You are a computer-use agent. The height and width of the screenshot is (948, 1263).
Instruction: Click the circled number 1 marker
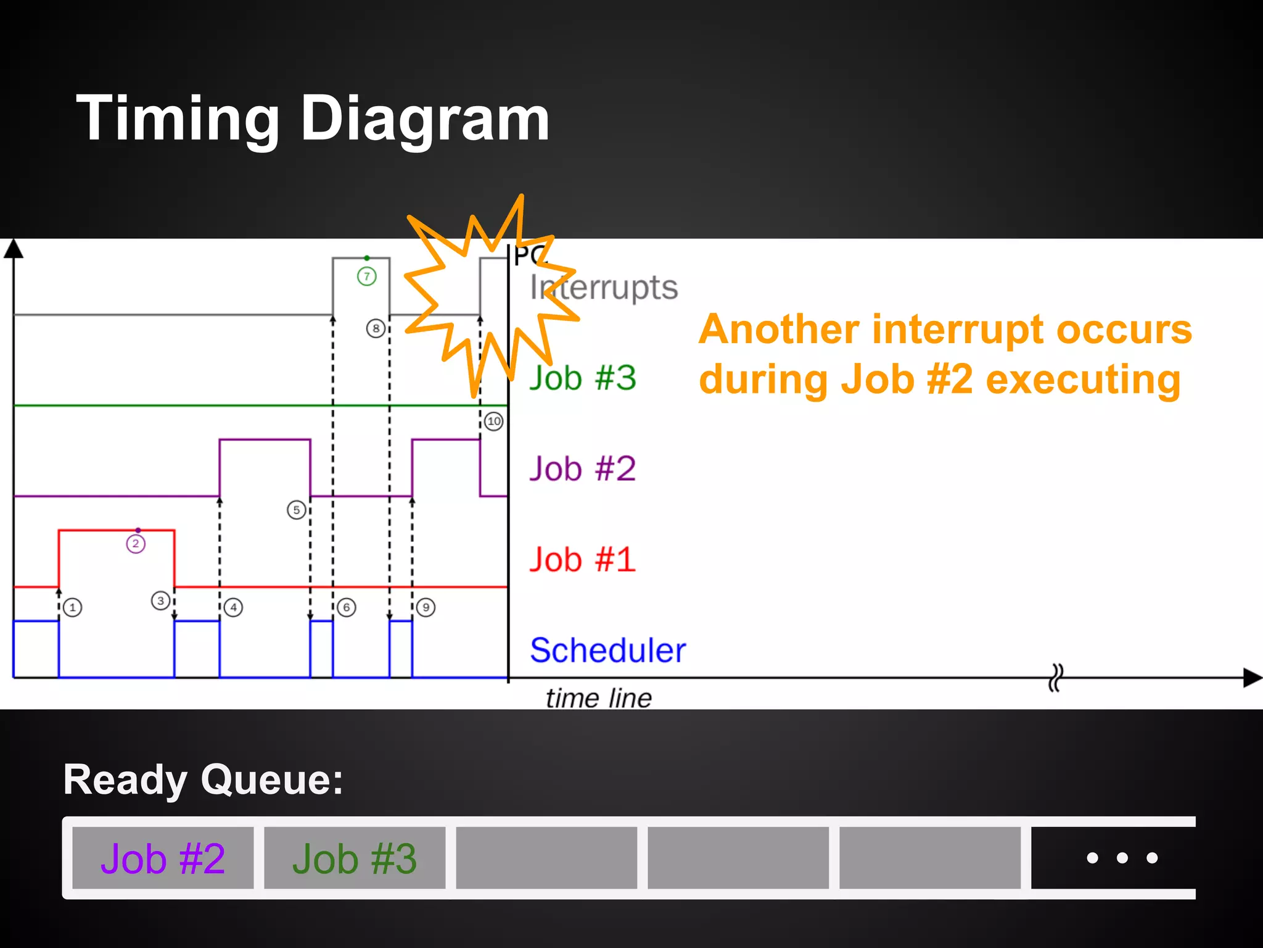[73, 607]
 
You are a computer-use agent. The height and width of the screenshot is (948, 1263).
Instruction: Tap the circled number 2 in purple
[136, 544]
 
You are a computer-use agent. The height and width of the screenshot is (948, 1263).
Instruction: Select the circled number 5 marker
[297, 510]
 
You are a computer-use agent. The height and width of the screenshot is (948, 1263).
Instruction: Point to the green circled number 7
[367, 276]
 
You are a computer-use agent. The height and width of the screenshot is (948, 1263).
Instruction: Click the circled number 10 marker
[494, 422]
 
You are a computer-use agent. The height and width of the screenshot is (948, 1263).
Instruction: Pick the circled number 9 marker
[426, 607]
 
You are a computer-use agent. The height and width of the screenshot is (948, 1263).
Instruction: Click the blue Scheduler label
[607, 650]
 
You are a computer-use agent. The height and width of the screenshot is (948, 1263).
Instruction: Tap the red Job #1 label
[582, 559]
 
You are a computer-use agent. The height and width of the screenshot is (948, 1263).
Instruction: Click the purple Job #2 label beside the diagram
[582, 468]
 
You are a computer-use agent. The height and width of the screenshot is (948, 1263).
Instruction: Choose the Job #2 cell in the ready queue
[163, 858]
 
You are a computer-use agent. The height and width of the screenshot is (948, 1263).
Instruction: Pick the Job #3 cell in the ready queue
[355, 858]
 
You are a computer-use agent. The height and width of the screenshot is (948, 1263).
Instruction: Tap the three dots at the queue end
[1122, 858]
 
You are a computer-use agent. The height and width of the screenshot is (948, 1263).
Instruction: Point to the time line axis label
[598, 698]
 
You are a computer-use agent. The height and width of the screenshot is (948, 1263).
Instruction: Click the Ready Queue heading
[203, 780]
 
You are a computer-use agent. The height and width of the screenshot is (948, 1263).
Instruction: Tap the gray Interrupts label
[604, 288]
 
